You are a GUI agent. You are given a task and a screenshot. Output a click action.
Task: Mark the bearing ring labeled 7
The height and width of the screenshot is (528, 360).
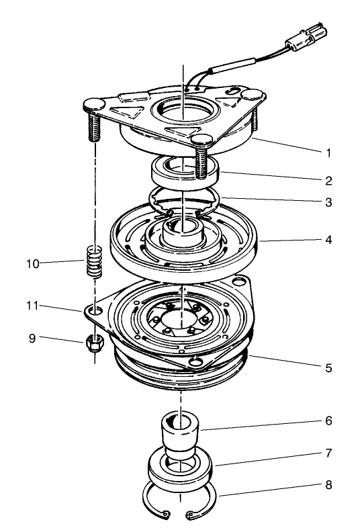click(180, 470)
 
